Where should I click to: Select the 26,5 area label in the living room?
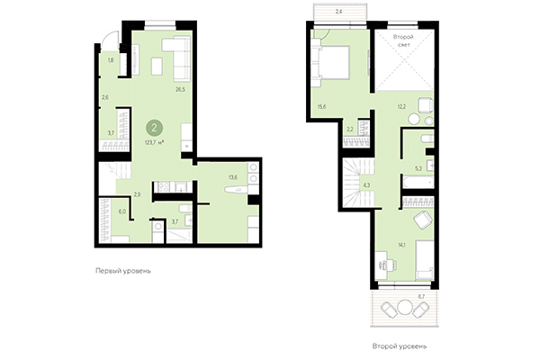coord(180,89)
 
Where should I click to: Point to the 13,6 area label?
coord(233,177)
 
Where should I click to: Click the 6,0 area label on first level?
coord(123,212)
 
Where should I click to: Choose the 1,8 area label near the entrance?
coord(111,60)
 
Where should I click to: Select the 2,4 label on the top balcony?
coord(338,11)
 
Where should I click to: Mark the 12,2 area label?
coord(402,107)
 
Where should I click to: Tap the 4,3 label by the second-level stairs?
coord(366,185)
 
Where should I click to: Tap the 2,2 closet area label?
coord(350,130)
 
